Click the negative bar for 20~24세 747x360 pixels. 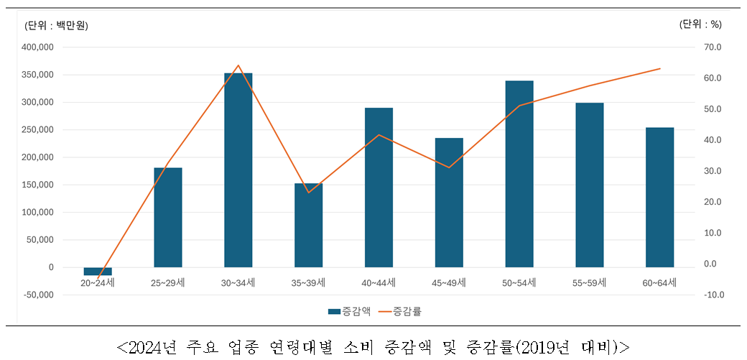pos(98,271)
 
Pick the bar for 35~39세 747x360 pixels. pos(308,225)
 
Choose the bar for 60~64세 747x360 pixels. pos(659,197)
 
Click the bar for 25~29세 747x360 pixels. pos(168,217)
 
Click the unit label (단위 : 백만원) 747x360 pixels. pos(56,26)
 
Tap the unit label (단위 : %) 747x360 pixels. pos(700,24)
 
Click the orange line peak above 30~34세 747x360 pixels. pos(238,65)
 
